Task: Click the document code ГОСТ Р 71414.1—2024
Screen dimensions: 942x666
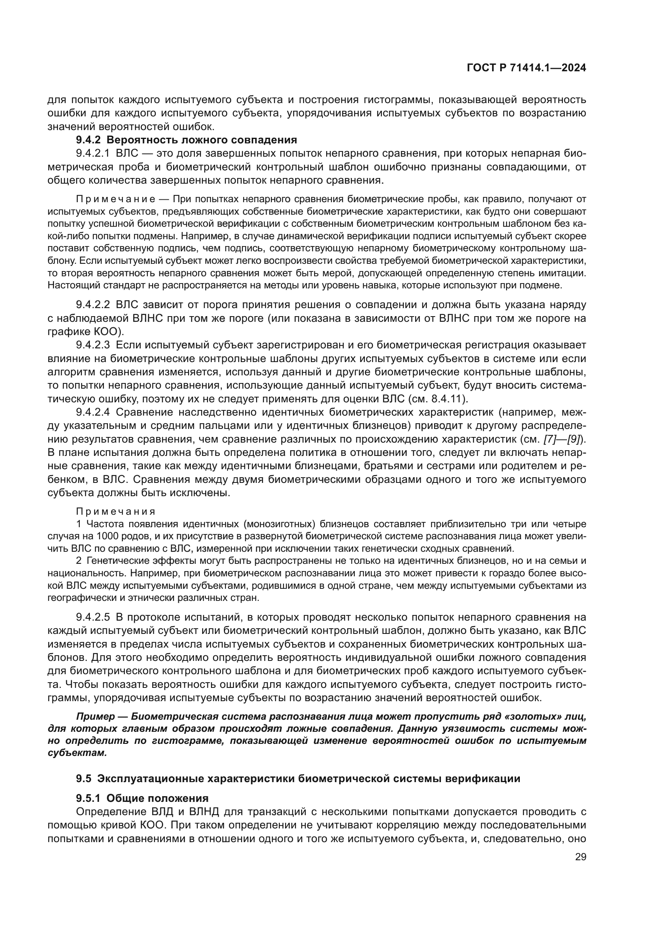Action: pyautogui.click(x=526, y=68)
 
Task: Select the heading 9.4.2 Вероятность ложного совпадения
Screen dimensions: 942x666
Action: pyautogui.click(x=186, y=140)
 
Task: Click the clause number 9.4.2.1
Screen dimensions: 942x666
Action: pyautogui.click(x=93, y=153)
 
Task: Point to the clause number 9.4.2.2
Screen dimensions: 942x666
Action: pyautogui.click(x=93, y=305)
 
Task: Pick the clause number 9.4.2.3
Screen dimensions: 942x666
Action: pyautogui.click(x=93, y=345)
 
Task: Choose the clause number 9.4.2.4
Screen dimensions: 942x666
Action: pyautogui.click(x=93, y=412)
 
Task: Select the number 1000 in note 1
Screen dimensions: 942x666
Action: pyautogui.click(x=107, y=536)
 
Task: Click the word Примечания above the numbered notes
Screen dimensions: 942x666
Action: pyautogui.click(x=116, y=511)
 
